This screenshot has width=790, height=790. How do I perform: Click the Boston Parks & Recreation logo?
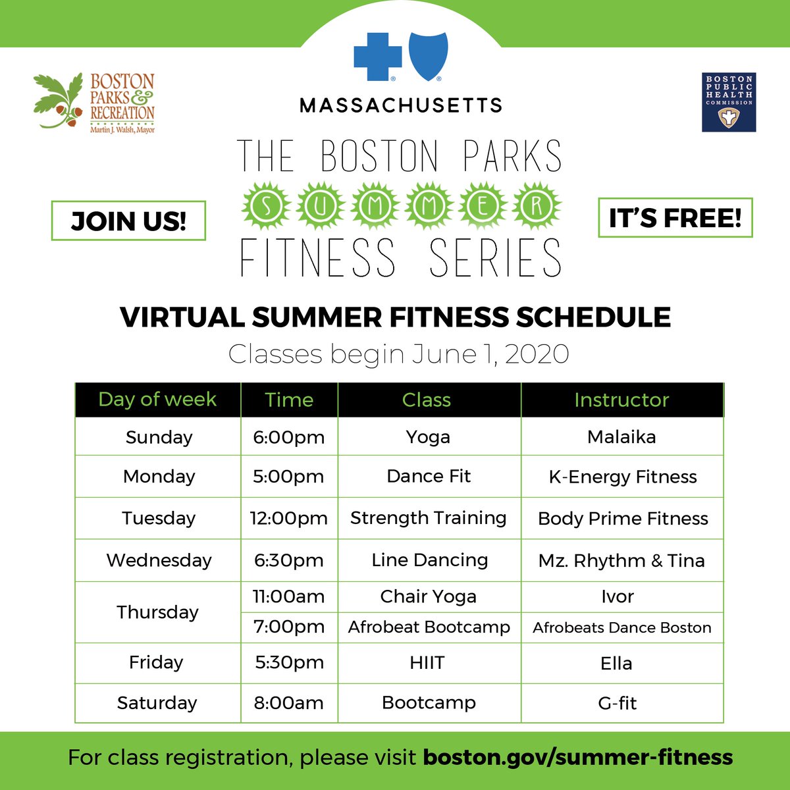click(x=94, y=103)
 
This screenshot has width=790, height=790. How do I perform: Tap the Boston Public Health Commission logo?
click(x=729, y=102)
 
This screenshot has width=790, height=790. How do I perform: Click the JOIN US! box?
click(x=128, y=221)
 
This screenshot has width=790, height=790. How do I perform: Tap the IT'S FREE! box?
click(x=675, y=218)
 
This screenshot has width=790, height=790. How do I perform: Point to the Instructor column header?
click(x=621, y=400)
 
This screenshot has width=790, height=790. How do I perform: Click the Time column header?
click(x=289, y=400)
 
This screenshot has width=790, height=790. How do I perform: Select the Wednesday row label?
click(x=159, y=560)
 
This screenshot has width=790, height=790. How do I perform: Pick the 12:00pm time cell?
click(x=289, y=518)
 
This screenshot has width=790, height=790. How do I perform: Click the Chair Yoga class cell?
click(x=429, y=596)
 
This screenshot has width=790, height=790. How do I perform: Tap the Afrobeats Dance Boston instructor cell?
click(x=622, y=627)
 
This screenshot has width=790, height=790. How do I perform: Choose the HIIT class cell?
click(x=427, y=662)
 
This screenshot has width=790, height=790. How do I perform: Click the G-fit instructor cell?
click(x=618, y=703)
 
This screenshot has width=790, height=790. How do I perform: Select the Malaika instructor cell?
click(x=621, y=436)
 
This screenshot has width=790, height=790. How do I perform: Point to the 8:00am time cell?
click(x=289, y=703)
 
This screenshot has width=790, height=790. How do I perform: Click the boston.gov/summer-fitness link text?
click(x=577, y=757)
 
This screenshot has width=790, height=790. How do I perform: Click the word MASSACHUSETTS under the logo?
click(x=401, y=105)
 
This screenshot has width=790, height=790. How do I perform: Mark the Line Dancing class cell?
click(x=429, y=560)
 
